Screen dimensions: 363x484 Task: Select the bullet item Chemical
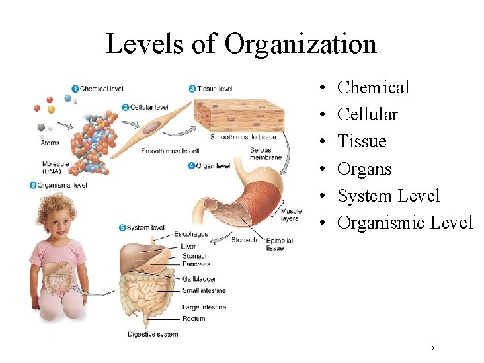(x=373, y=87)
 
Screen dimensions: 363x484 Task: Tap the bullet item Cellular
(x=367, y=114)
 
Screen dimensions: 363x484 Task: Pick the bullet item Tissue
(x=362, y=141)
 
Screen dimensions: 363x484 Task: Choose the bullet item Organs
(x=364, y=169)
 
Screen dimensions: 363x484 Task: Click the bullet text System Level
(x=389, y=196)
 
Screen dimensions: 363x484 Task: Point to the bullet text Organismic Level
(x=405, y=223)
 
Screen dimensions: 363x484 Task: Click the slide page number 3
(x=432, y=347)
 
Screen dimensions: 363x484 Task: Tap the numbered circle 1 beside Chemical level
(x=75, y=89)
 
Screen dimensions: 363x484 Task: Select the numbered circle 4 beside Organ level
(x=192, y=165)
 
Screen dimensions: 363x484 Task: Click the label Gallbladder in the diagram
(x=198, y=279)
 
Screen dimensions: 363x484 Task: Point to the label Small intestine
(x=204, y=291)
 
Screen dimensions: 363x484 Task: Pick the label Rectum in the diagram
(x=194, y=319)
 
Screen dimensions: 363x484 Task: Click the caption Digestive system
(x=153, y=334)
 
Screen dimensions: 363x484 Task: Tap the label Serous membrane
(x=260, y=154)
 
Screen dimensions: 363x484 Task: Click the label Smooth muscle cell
(x=170, y=151)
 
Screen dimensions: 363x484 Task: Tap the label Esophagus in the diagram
(x=192, y=235)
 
